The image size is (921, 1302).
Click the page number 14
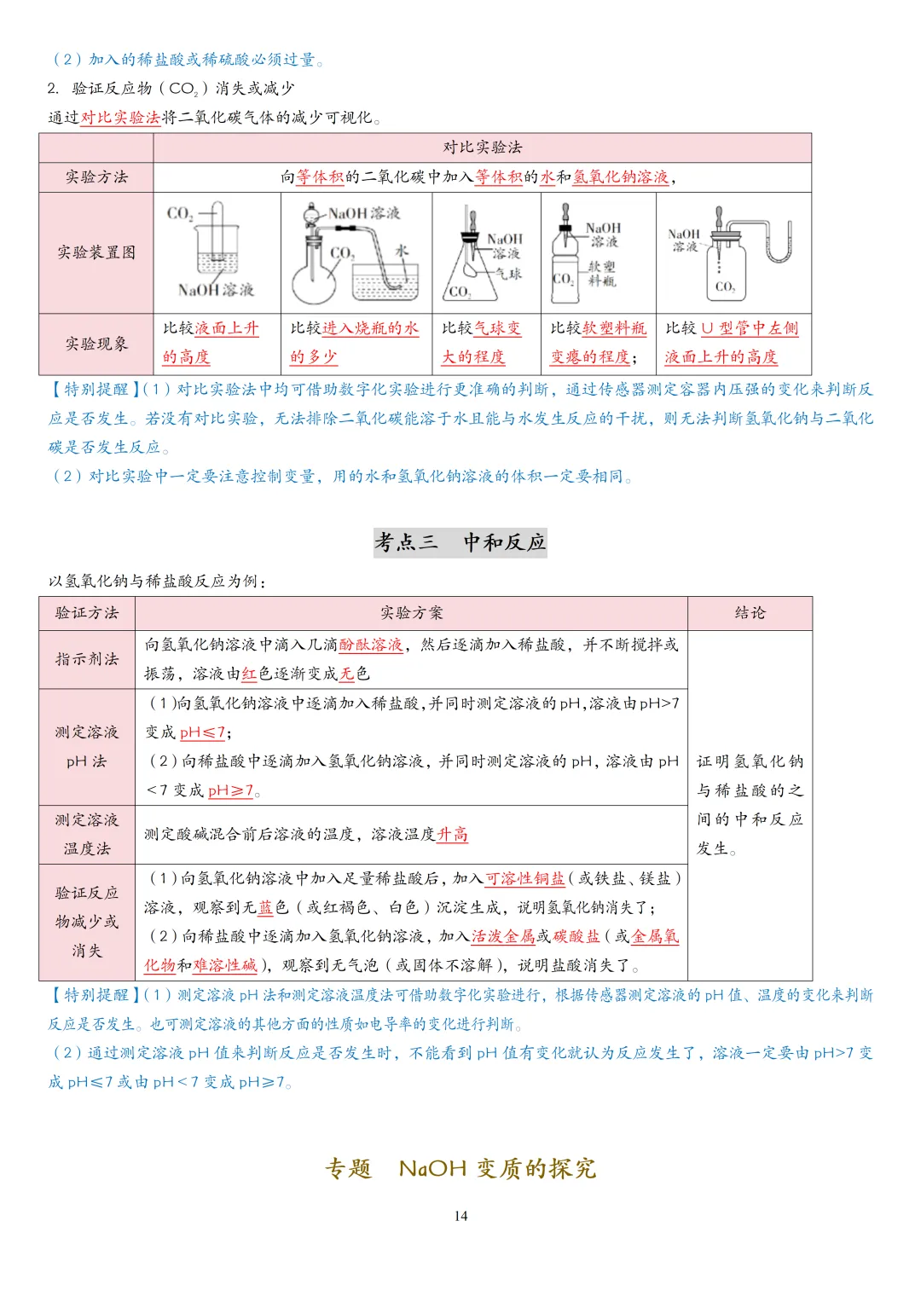tap(460, 1216)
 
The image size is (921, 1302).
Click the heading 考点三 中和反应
tap(460, 542)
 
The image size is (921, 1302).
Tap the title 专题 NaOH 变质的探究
tap(460, 1168)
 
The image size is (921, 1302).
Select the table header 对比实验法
tap(482, 148)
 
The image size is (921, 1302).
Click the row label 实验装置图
tap(96, 252)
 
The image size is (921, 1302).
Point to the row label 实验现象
tap(96, 344)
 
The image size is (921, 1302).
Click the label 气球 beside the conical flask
tap(509, 274)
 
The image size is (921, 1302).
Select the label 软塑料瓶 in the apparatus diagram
tap(601, 273)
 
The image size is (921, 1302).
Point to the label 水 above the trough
tap(402, 250)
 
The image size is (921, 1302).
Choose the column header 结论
tap(750, 613)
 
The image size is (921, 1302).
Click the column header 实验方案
tap(411, 613)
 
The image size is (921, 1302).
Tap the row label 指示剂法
tap(87, 659)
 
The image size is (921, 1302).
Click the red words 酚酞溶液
tap(371, 645)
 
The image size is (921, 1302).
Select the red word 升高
tap(452, 834)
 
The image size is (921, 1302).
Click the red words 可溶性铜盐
tap(524, 878)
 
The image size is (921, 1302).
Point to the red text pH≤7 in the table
tap(203, 732)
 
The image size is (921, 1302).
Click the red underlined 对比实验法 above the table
tap(120, 118)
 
